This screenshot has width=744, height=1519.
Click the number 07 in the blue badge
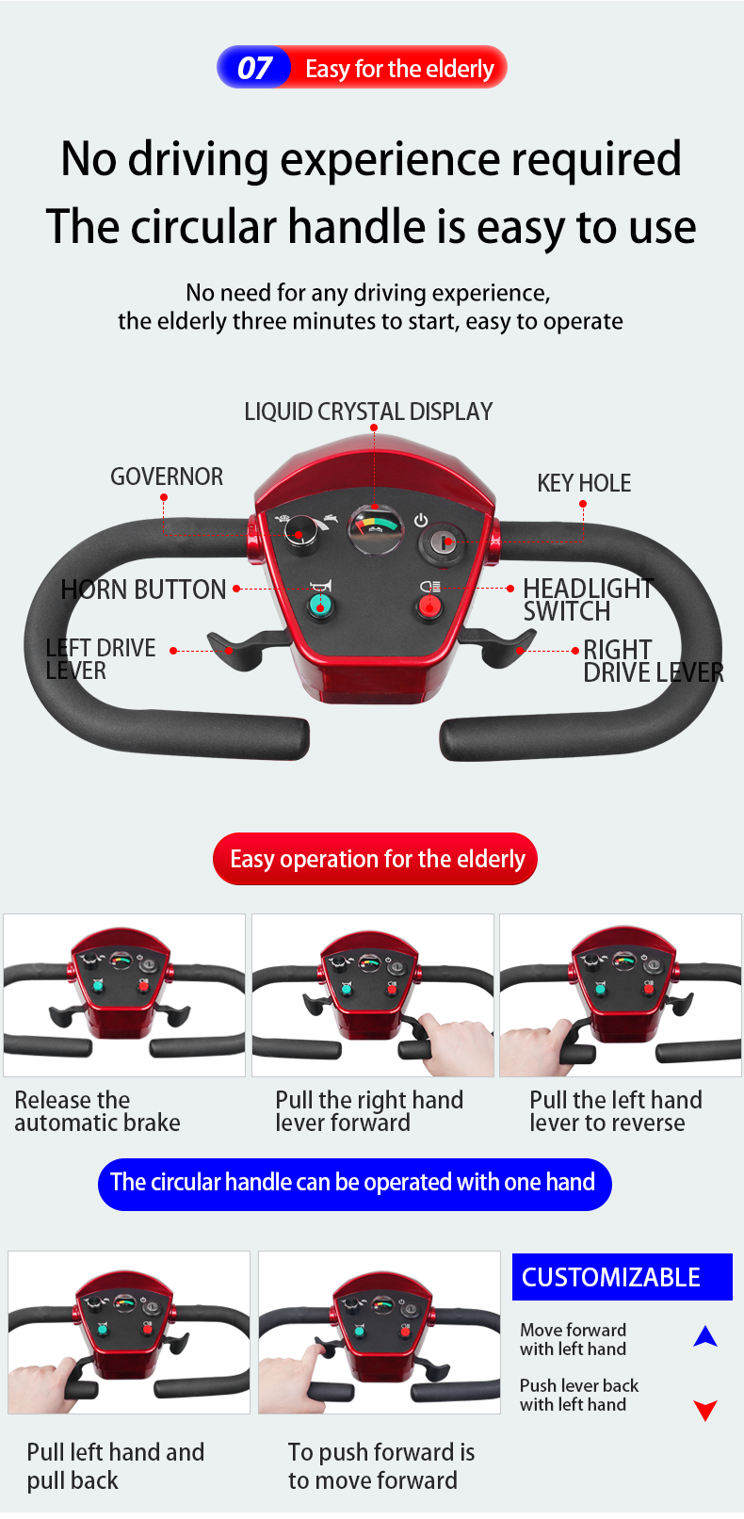(x=254, y=68)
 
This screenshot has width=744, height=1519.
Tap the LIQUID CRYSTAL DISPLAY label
(x=368, y=412)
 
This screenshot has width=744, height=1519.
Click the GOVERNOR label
(x=167, y=477)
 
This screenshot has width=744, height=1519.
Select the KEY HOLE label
(x=584, y=483)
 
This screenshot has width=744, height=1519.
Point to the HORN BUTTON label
(x=143, y=590)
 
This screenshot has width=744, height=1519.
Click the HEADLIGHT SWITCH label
(x=588, y=600)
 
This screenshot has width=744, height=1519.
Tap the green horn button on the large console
(x=321, y=604)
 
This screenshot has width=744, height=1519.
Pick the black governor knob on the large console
(x=300, y=534)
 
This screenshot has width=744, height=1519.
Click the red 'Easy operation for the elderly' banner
(x=376, y=859)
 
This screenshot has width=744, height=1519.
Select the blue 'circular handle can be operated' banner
(x=354, y=1183)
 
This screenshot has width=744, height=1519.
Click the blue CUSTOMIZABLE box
(x=622, y=1277)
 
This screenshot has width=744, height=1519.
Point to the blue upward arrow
(x=705, y=1335)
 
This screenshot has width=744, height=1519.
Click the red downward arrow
(x=705, y=1410)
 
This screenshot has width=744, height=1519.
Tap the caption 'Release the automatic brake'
(x=97, y=1111)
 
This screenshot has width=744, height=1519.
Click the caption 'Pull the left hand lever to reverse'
(x=615, y=1111)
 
